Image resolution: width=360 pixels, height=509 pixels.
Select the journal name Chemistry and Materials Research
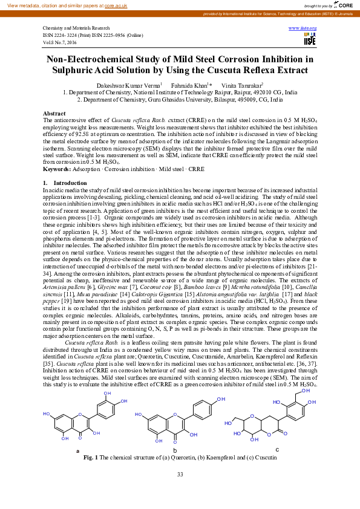76,28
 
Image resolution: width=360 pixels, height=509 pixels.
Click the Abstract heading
54,114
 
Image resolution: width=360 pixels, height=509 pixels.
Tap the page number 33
180,474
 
